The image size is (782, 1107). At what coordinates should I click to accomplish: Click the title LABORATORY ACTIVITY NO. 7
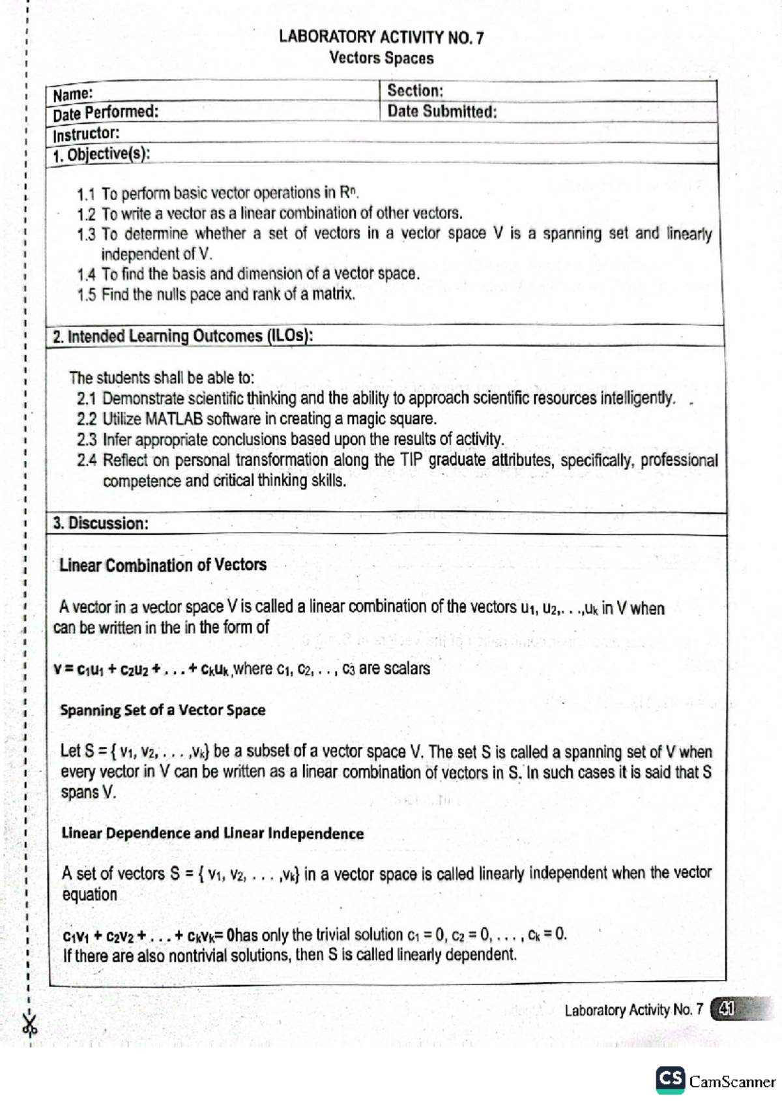381,37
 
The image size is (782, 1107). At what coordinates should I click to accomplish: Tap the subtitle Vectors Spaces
381,58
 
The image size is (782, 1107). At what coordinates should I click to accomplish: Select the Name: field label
72,95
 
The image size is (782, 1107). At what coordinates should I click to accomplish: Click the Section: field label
414,91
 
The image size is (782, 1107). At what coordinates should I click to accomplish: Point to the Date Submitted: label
441,111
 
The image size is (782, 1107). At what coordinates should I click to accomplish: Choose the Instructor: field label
86,134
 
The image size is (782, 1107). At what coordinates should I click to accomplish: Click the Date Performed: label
106,113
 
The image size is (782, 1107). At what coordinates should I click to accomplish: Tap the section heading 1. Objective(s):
101,155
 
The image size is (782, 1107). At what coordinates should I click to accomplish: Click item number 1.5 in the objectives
86,295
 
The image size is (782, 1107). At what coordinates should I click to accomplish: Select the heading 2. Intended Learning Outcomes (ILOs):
182,336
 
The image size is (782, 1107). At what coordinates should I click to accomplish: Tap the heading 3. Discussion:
100,523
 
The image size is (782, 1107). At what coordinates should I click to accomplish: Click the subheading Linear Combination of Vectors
162,565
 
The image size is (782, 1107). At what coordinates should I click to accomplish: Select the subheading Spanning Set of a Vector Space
162,710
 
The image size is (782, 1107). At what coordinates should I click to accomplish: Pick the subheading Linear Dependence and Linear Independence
212,833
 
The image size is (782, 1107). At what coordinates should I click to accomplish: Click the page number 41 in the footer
725,1009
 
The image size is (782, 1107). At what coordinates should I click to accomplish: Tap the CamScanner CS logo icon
670,1080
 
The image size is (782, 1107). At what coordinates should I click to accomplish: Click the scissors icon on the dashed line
29,1025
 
